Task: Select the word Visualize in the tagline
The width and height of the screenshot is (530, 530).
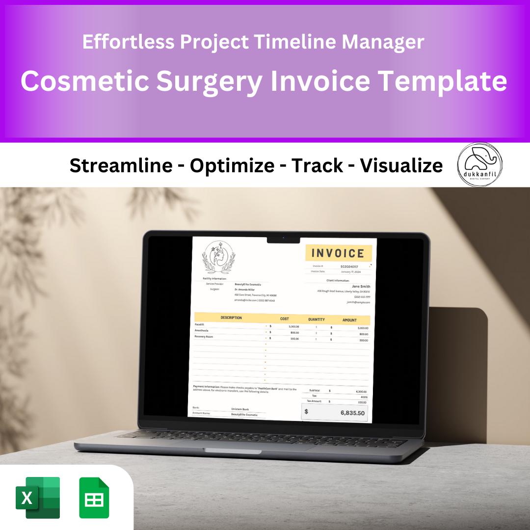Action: (401, 166)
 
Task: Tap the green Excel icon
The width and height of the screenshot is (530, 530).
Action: (37, 498)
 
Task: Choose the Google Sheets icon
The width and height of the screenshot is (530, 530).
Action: (95, 498)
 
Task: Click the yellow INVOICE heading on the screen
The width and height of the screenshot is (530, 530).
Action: (338, 253)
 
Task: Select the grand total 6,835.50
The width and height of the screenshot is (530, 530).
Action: (352, 413)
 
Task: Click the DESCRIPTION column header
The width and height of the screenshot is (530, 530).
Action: (231, 318)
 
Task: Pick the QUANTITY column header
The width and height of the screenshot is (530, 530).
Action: (316, 319)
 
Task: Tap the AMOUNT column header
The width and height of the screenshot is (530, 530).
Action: (349, 320)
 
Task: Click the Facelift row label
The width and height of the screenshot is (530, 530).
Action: (199, 324)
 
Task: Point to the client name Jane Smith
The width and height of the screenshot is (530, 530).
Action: (361, 287)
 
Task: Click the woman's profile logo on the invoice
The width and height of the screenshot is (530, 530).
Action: (218, 257)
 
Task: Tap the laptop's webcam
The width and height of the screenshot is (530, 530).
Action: (284, 238)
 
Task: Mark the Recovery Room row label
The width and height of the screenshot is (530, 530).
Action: (203, 337)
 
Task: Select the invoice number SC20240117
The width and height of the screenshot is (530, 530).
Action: (349, 266)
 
